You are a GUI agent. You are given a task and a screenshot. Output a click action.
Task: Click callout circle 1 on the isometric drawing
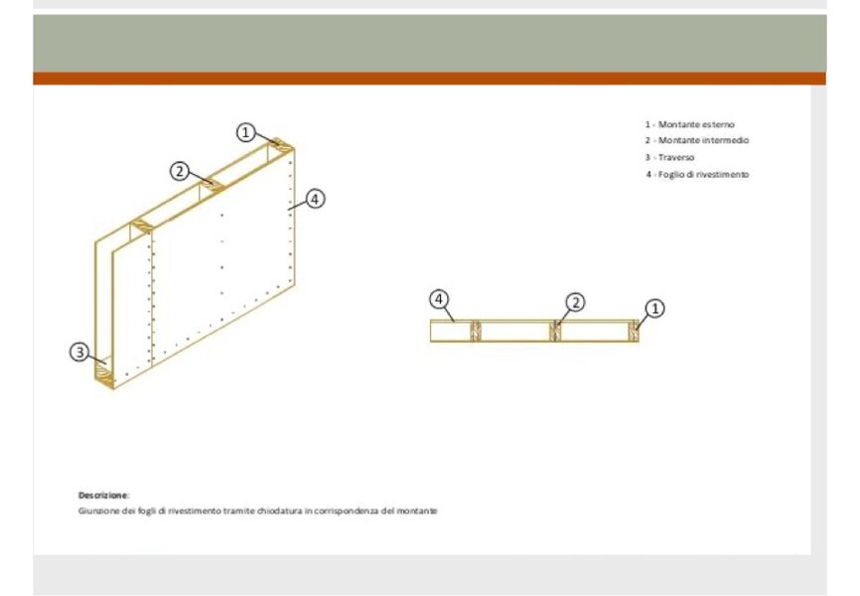[x=245, y=132]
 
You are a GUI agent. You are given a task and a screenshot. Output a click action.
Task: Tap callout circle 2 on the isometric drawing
[x=180, y=171]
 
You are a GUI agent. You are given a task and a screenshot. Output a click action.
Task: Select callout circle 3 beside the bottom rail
[x=79, y=352]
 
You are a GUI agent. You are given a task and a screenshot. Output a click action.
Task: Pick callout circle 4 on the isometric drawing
[x=314, y=199]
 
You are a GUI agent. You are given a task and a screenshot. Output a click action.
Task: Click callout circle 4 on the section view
[x=438, y=299]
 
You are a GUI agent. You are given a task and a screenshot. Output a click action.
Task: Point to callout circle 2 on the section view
[x=575, y=302]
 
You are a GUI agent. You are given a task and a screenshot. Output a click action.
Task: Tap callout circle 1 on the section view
[x=654, y=308]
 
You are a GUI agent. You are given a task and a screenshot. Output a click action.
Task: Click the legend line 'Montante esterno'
[x=689, y=124]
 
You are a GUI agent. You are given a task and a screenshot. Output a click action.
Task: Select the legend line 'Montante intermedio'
[x=696, y=140]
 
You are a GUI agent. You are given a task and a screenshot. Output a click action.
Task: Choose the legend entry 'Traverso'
[x=669, y=158]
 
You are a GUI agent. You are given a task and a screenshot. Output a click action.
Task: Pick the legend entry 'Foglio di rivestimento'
[x=697, y=175]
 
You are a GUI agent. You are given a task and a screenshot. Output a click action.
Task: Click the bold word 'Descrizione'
[x=102, y=495]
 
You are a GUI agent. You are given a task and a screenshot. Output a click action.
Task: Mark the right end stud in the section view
[x=634, y=331]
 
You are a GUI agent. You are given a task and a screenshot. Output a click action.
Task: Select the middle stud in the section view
[x=555, y=331]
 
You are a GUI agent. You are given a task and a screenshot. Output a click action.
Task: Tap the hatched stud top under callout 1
[x=281, y=144]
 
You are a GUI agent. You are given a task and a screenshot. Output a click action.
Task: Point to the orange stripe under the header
[x=429, y=78]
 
